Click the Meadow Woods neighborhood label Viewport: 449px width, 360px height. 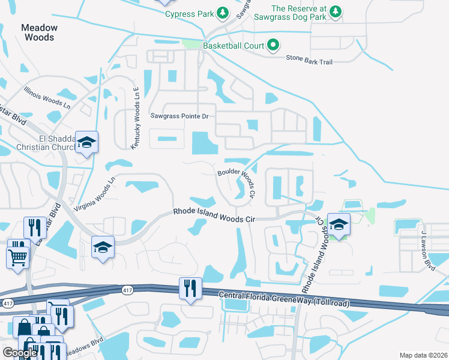39,32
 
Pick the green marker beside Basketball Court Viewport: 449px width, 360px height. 273,45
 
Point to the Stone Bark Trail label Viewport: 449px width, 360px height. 309,58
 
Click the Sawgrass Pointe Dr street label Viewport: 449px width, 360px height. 179,116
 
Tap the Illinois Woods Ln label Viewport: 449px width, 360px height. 47,95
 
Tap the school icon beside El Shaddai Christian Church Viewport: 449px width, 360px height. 86,143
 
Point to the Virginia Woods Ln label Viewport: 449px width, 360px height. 94,193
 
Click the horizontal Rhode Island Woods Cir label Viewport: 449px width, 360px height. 215,215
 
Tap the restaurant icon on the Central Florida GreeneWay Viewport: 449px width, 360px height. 188,288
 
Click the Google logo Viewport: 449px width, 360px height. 19,353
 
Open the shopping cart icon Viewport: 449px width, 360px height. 17,257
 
